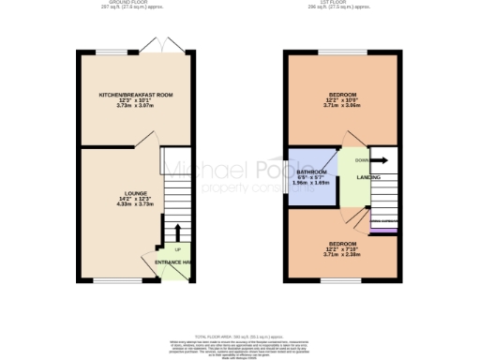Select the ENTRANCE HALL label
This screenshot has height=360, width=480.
coord(173,262)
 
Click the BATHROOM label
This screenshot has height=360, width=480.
coord(311,173)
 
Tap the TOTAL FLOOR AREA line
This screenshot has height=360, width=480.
coord(240,335)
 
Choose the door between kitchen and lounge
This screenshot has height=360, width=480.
coord(145,141)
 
